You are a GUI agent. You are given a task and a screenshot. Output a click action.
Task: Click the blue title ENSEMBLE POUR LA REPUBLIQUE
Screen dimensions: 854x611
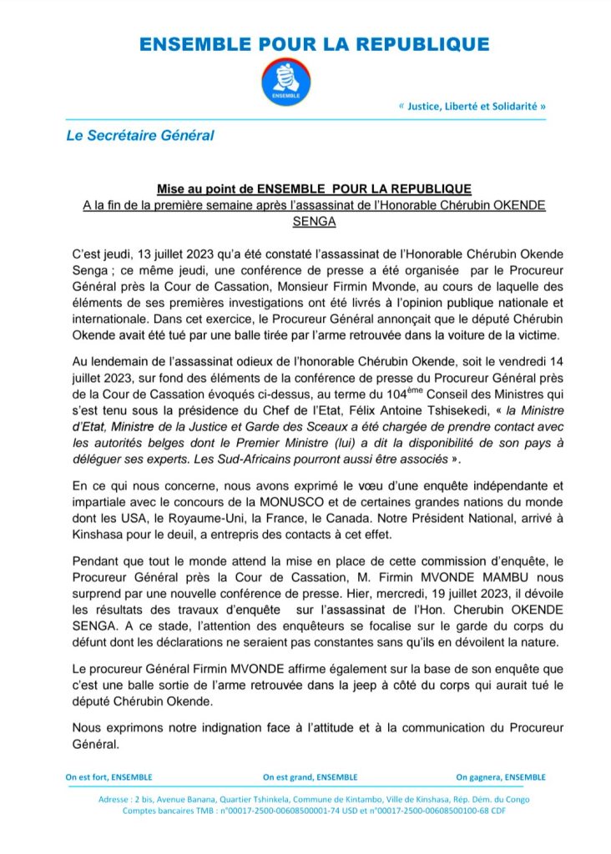coord(314,44)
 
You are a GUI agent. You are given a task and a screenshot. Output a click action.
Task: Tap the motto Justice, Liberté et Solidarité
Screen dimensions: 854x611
coord(472,107)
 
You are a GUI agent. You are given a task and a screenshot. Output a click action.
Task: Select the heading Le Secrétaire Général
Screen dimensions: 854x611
coord(140,134)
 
